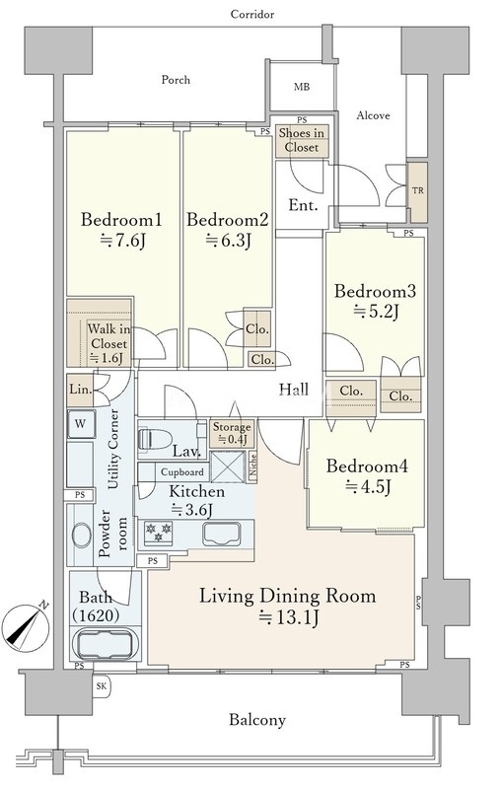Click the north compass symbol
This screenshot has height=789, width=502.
pyautogui.click(x=26, y=625)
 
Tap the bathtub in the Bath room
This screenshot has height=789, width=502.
pyautogui.click(x=106, y=644)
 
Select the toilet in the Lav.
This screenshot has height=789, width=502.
pyautogui.click(x=154, y=439)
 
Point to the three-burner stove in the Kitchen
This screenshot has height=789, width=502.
pyautogui.click(x=159, y=532)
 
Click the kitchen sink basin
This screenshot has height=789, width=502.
pyautogui.click(x=221, y=534)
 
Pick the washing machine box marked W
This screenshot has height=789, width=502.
pyautogui.click(x=81, y=424)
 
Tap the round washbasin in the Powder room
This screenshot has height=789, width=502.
pyautogui.click(x=82, y=536)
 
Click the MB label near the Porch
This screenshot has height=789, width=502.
pyautogui.click(x=302, y=87)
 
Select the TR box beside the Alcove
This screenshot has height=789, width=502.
pyautogui.click(x=417, y=191)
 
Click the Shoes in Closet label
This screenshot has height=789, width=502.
pyautogui.click(x=302, y=140)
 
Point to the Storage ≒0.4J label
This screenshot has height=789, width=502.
pyautogui.click(x=232, y=433)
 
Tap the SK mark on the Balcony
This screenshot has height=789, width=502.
pyautogui.click(x=103, y=685)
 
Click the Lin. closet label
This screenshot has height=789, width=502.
pyautogui.click(x=81, y=389)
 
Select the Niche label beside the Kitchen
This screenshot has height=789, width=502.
pyautogui.click(x=253, y=466)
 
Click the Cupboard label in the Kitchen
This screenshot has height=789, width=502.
pyautogui.click(x=182, y=472)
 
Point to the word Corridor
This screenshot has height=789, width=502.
pyautogui.click(x=252, y=14)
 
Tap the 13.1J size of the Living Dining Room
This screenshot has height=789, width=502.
pyautogui.click(x=289, y=617)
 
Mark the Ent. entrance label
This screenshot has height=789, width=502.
pyautogui.click(x=303, y=205)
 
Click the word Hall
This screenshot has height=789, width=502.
pyautogui.click(x=294, y=389)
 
